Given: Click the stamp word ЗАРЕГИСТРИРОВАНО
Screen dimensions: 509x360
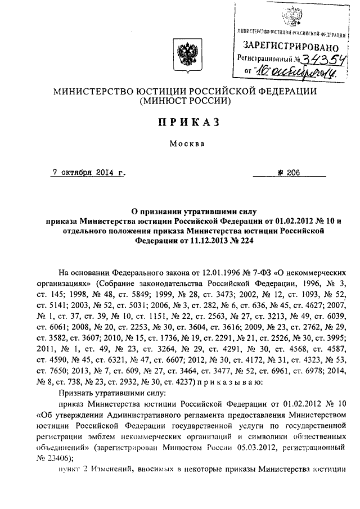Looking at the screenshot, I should tap(290, 46).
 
